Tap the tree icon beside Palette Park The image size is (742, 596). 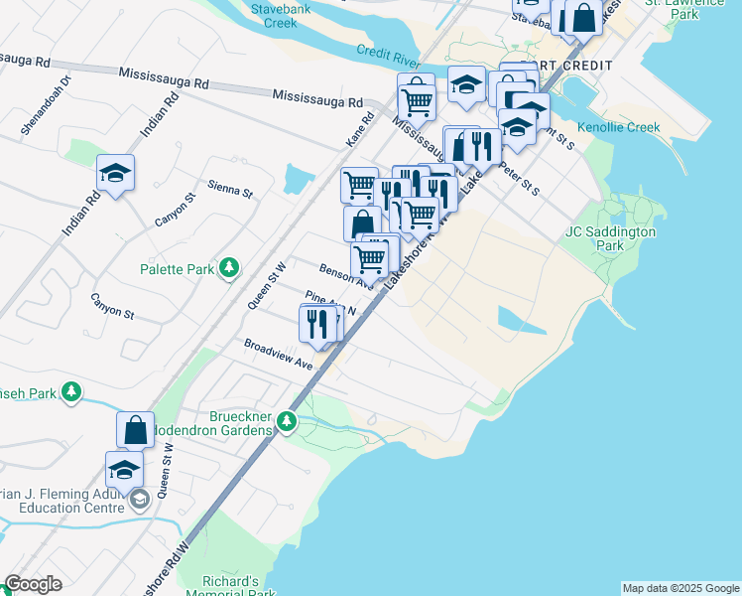coord(229,267)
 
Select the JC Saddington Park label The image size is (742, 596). coord(611,238)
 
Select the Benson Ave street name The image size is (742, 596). coord(343,275)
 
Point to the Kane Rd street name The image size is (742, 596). coord(360,130)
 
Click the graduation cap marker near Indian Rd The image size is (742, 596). coord(116,175)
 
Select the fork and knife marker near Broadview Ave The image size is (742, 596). coord(316,324)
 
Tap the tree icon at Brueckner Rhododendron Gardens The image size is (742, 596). coord(287,421)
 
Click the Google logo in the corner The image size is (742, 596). coord(33,584)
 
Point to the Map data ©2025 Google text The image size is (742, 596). coord(680,588)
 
